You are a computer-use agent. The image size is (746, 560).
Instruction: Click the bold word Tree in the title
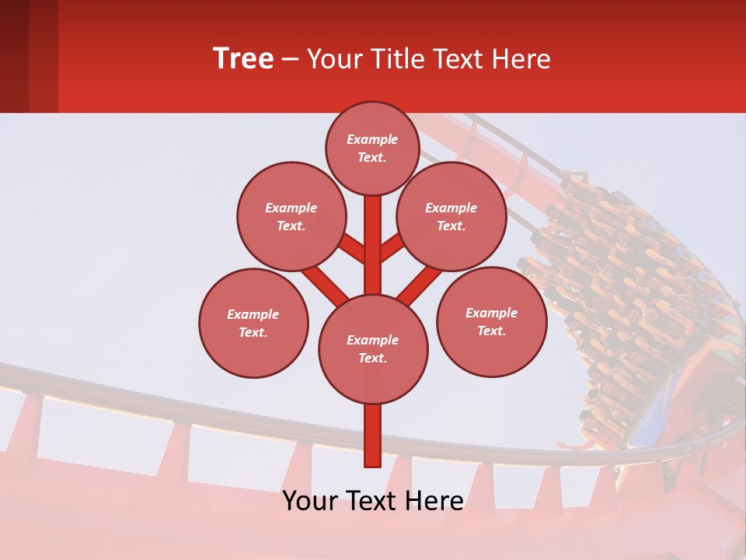pyautogui.click(x=243, y=59)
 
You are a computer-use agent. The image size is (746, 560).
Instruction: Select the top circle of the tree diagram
pyautogui.click(x=372, y=148)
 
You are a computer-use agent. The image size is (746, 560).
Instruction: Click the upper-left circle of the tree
pyautogui.click(x=291, y=216)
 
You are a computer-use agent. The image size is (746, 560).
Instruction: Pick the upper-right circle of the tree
pyautogui.click(x=451, y=216)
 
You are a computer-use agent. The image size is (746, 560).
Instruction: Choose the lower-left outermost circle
pyautogui.click(x=253, y=323)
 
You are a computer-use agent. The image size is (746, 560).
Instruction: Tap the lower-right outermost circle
pyautogui.click(x=491, y=321)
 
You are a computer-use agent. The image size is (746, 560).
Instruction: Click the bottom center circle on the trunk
pyautogui.click(x=373, y=348)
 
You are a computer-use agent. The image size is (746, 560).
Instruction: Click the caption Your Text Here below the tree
pyautogui.click(x=373, y=501)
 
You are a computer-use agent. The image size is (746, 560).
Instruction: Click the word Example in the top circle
pyautogui.click(x=372, y=139)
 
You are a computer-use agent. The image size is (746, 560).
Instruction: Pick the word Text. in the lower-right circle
pyautogui.click(x=491, y=331)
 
